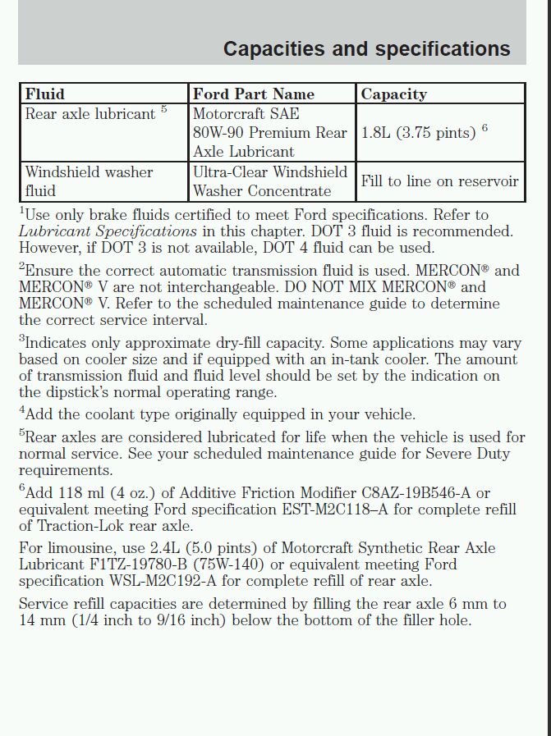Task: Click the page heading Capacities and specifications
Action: (x=366, y=48)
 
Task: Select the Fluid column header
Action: (x=44, y=94)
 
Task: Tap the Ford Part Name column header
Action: (x=253, y=94)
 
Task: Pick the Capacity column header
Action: (x=393, y=94)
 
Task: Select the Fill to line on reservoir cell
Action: (x=439, y=181)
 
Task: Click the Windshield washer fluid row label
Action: (x=89, y=181)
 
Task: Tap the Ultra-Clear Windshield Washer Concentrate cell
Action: (x=270, y=181)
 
